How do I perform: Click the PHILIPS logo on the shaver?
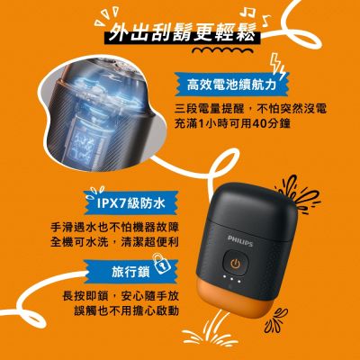pos(240,241)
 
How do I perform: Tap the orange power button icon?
pos(236,264)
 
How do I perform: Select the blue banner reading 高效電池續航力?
pos(231,85)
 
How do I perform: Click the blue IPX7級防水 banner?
pos(130,203)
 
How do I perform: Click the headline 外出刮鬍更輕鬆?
pos(183,32)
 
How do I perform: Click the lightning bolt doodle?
pos(277,67)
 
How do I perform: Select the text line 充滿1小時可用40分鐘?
pos(232,123)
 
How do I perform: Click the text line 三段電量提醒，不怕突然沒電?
pos(250,109)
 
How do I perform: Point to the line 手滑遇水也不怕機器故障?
pos(114,227)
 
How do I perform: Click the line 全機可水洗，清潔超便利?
pos(114,242)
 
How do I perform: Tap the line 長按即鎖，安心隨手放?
pos(121,296)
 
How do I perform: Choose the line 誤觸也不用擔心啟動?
pos(127,310)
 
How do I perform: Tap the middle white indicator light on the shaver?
pos(231,279)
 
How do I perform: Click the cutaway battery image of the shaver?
pos(102,114)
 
